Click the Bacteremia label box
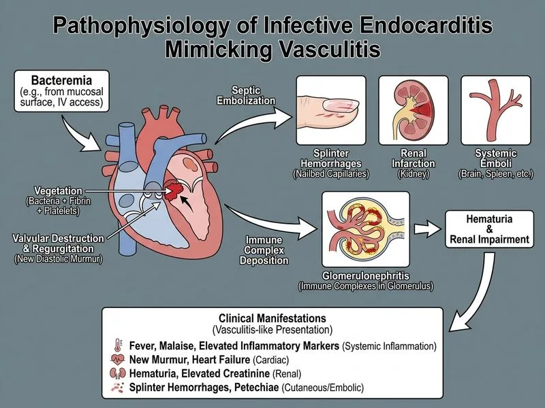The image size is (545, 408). pos(61,91)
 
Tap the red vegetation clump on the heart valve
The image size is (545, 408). pos(174,190)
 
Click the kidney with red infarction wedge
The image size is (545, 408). pos(414,110)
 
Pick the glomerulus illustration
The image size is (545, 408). pos(366,229)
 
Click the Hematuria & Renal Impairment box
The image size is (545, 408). pos(489,229)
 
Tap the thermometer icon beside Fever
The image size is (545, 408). pos(118,345)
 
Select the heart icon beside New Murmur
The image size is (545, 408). pos(117,360)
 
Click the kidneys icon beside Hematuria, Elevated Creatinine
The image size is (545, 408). pos(117,373)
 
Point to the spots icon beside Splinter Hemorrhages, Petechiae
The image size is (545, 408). pos(117,387)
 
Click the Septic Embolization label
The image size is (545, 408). pos(246,95)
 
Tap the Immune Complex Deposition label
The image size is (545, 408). pos(264,250)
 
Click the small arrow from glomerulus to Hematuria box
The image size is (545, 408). pos(428,229)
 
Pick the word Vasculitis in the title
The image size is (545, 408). pos(330,49)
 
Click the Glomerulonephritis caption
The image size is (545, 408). pos(366,276)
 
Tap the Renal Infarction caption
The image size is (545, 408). pos(414,158)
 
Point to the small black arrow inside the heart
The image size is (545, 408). pos(186,204)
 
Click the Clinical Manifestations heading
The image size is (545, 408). pos(272,318)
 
